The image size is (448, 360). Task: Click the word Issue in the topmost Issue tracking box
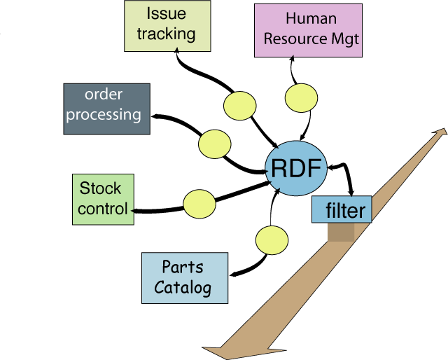click(167, 13)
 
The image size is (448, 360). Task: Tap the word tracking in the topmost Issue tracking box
click(167, 34)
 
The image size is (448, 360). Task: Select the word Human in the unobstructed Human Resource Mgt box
click(311, 19)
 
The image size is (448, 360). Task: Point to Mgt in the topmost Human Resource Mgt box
click(344, 39)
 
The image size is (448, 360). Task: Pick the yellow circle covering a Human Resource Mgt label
click(303, 98)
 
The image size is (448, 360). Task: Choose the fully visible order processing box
click(106, 108)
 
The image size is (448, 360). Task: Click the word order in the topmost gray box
click(104, 95)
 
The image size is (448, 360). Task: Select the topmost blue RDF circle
click(296, 169)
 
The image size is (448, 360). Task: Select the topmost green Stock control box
click(102, 199)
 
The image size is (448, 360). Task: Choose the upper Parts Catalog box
click(185, 277)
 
